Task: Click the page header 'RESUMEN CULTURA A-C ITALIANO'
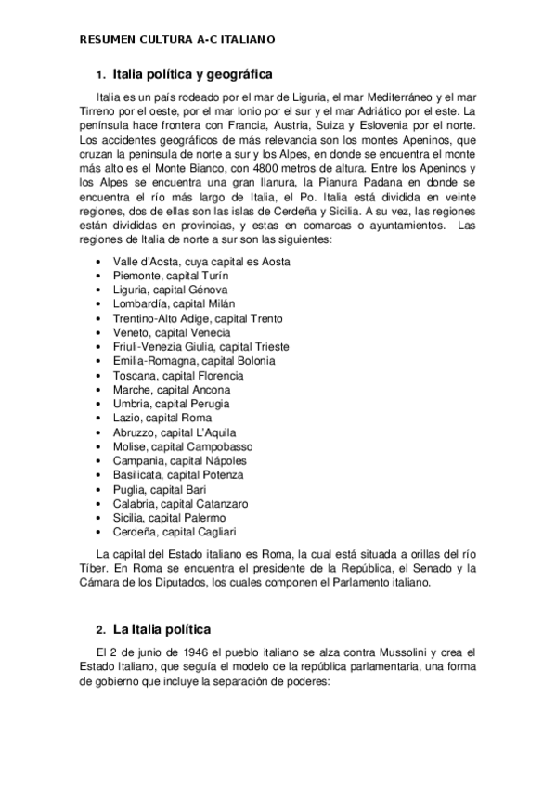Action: click(x=176, y=40)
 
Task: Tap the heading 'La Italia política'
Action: click(x=162, y=629)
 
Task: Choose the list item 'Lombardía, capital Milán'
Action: click(x=174, y=303)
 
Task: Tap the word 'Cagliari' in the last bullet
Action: click(x=213, y=532)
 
